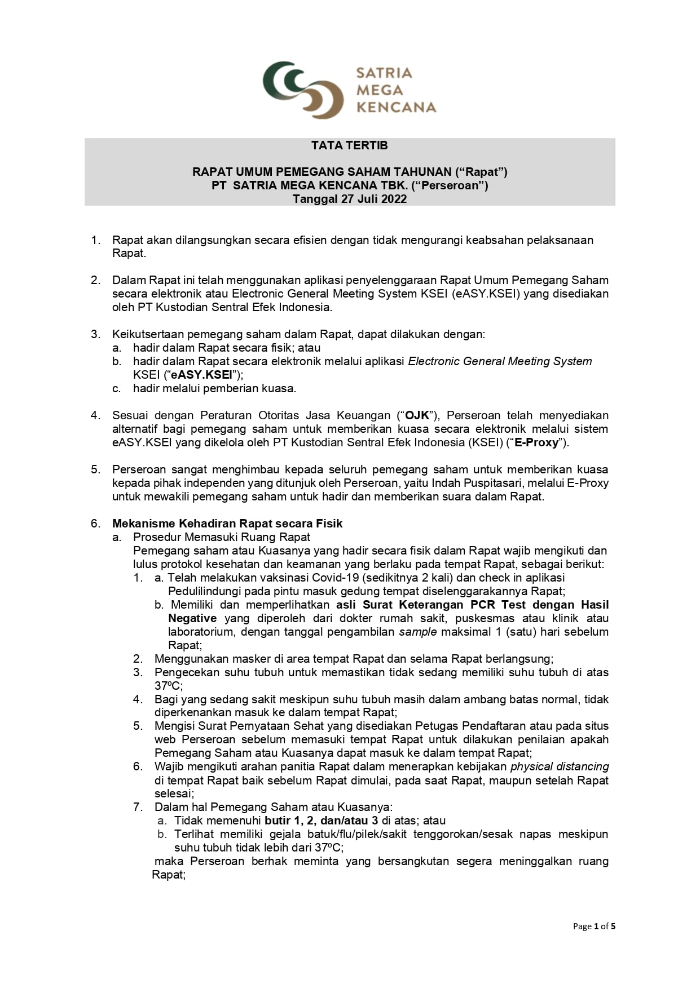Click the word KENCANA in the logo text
click(397, 107)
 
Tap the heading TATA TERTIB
click(350, 145)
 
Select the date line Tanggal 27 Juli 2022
click(350, 199)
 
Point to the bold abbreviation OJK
click(417, 416)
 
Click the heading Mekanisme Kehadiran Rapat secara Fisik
click(227, 524)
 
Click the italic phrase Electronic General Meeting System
click(500, 362)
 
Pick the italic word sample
click(418, 632)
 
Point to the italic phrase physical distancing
click(560, 767)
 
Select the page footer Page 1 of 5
click(594, 926)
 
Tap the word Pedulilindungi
click(203, 591)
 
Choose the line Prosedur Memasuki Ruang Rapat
click(222, 537)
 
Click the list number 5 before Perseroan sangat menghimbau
click(95, 469)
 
